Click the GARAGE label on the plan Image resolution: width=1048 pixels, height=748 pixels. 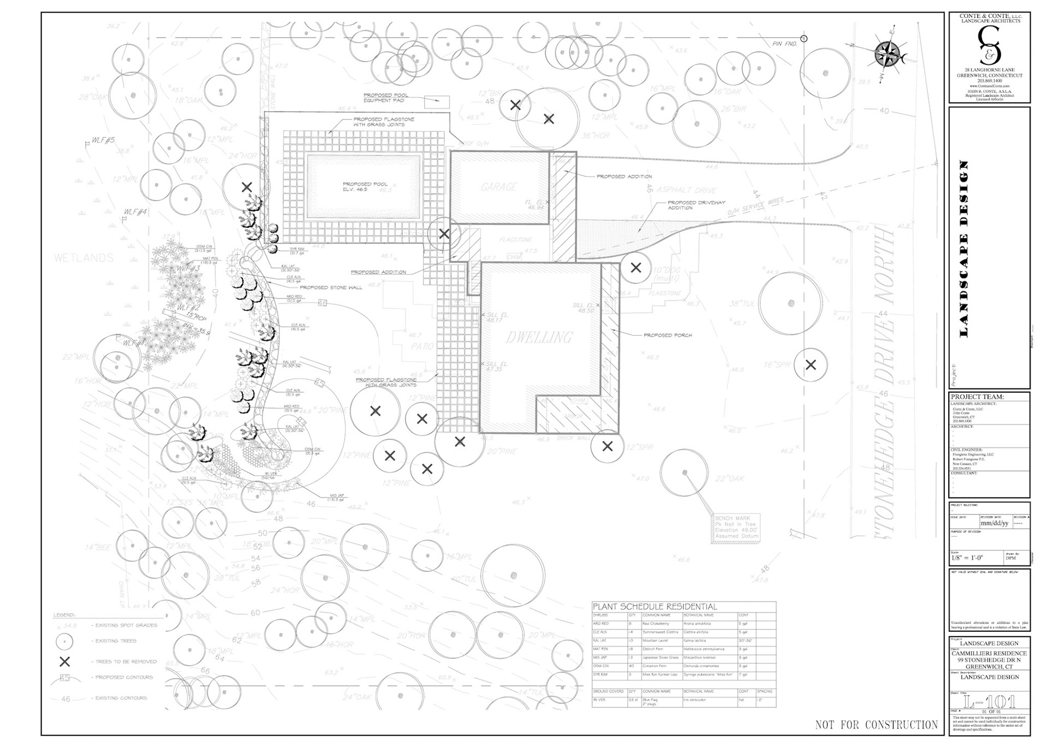(499, 187)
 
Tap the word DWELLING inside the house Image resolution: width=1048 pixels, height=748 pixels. (539, 338)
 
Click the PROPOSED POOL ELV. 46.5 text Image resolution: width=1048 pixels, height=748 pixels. (365, 187)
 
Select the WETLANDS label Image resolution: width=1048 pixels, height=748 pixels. (84, 258)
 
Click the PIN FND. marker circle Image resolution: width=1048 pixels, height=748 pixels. (804, 39)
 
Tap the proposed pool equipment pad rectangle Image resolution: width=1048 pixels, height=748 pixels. (437, 101)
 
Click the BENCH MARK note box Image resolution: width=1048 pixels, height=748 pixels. (736, 527)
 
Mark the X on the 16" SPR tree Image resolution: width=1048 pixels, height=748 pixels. (811, 364)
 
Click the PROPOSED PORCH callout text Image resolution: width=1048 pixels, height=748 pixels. (668, 335)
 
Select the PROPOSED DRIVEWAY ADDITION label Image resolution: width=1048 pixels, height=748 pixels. (696, 205)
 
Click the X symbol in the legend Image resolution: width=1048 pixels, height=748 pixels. (65, 662)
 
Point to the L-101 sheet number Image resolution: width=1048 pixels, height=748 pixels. (989, 702)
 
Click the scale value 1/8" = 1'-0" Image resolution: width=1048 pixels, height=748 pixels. (967, 558)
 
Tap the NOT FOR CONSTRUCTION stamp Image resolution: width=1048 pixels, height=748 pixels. (876, 725)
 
